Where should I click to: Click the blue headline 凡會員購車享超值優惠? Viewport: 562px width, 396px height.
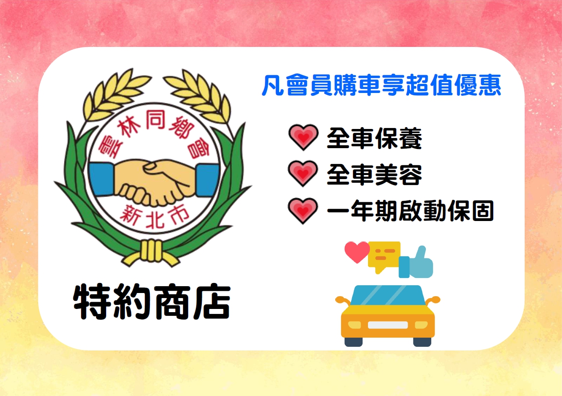381,85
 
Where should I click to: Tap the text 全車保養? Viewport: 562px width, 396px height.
374,138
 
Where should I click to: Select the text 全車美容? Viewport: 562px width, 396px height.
374,175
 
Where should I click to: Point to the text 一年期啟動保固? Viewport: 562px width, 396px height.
410,211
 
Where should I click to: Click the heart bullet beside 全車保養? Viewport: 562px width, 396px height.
303,137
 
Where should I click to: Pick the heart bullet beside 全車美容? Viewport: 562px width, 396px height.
303,173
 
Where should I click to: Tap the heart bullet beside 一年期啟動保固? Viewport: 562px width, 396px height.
303,211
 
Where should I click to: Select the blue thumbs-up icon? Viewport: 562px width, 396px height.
416,262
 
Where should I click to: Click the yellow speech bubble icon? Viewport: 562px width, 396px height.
384,256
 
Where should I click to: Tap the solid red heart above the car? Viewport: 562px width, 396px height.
357,252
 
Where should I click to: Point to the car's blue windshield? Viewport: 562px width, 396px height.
388,295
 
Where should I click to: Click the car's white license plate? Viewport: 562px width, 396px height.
388,325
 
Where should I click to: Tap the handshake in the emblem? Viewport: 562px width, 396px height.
154,181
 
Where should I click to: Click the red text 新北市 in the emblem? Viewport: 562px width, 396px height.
154,216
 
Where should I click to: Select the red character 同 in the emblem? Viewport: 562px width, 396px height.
156,119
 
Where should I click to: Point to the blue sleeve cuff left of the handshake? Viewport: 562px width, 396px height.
102,179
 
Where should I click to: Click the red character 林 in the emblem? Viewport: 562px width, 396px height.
128,128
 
